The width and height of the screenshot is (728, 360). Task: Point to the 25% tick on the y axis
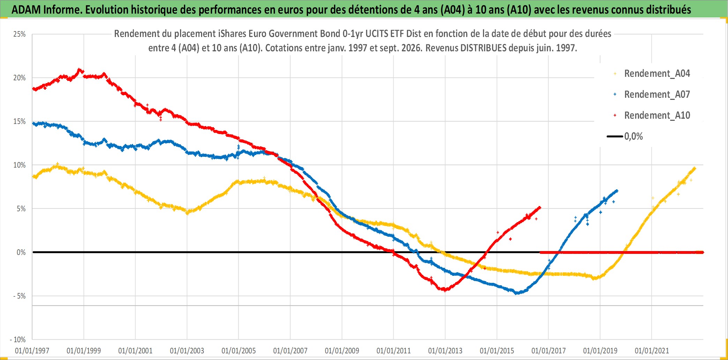(20, 34)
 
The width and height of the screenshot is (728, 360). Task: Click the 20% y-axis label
(20, 78)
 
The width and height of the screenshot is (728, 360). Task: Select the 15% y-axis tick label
(20, 122)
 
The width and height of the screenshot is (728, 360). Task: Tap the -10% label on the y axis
(18, 339)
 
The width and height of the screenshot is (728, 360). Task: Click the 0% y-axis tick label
(21, 252)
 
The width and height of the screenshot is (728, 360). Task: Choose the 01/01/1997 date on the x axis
(32, 351)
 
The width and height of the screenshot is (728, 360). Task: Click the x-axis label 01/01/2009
(342, 351)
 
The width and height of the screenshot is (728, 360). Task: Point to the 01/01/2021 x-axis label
(652, 351)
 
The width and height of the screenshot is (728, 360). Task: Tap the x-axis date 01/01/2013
(445, 351)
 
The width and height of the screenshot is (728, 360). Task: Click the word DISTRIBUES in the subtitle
(483, 48)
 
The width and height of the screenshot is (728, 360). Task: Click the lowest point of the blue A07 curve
(517, 293)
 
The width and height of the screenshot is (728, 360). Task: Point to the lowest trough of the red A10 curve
(444, 289)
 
